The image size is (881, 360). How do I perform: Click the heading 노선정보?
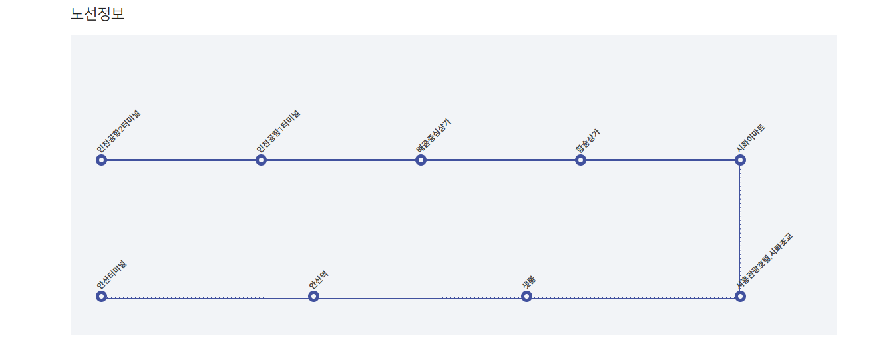click(97, 13)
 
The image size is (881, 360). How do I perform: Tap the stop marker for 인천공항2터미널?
click(101, 160)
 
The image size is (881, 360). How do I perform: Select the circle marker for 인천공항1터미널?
click(261, 160)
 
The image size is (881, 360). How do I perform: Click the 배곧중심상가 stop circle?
click(421, 160)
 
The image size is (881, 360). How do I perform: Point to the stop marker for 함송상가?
click(580, 160)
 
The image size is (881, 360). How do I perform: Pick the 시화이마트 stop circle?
click(740, 160)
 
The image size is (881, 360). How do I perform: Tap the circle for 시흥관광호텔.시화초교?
click(740, 296)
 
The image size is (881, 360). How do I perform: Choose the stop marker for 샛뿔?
click(526, 296)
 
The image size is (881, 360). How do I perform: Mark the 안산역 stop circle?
click(313, 296)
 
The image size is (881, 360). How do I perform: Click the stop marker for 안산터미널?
click(101, 296)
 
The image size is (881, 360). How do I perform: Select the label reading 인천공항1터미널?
click(278, 132)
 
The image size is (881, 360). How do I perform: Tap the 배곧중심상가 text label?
click(434, 136)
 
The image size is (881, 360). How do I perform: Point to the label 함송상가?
click(588, 142)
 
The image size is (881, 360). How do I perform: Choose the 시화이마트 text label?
click(751, 138)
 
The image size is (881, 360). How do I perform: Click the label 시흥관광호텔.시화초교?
click(765, 260)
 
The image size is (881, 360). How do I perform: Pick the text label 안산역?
click(318, 279)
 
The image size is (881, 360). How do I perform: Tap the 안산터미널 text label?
click(112, 275)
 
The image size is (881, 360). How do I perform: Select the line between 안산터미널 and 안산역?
click(207, 297)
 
